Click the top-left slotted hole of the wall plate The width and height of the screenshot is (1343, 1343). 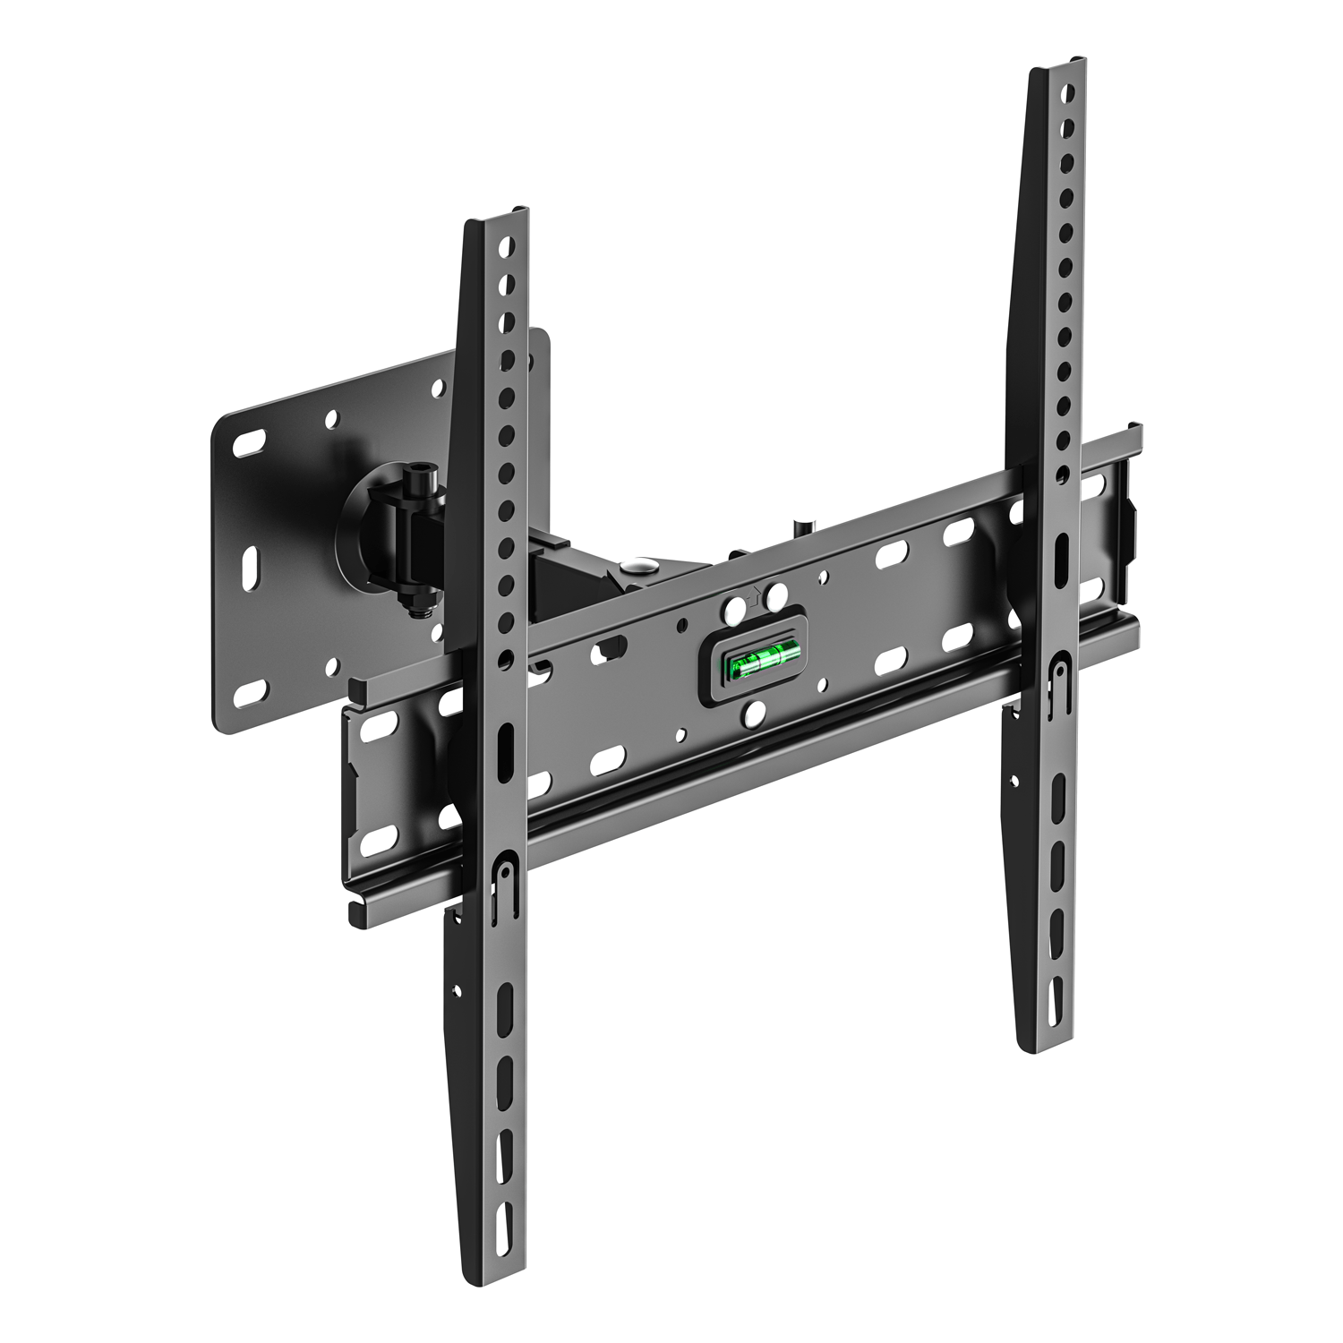250,442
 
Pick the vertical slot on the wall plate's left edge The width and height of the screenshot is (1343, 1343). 251,566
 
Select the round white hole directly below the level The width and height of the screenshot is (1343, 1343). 755,713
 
